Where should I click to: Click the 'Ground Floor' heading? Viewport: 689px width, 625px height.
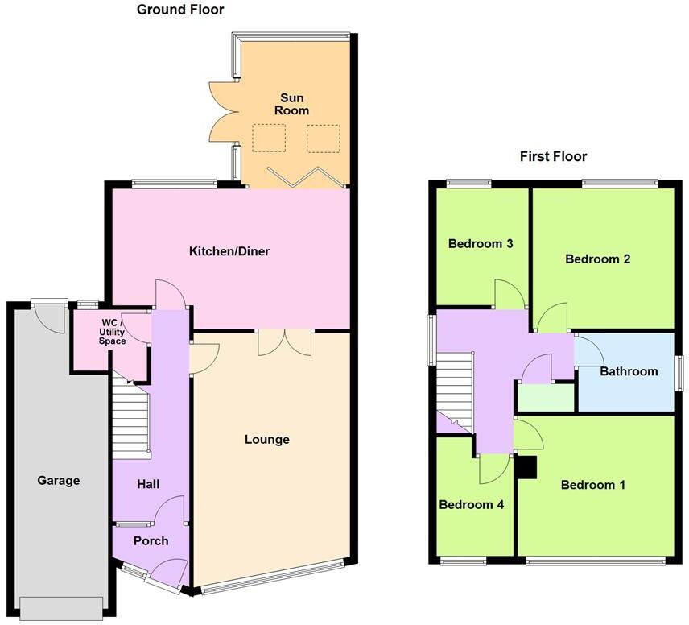[x=179, y=10]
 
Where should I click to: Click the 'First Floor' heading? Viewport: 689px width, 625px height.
[x=553, y=156]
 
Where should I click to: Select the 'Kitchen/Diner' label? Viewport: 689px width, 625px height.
[x=229, y=251]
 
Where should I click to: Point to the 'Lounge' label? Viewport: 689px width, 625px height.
[x=266, y=439]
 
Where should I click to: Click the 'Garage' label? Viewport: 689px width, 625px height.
[x=59, y=480]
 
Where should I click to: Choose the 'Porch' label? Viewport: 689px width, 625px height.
[x=151, y=540]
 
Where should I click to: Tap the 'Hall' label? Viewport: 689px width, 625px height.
[x=148, y=484]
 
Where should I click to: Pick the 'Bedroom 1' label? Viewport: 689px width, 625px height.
[x=592, y=485]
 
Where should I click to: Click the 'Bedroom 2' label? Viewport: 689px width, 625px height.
[x=597, y=259]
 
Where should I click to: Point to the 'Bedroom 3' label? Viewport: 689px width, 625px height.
[x=481, y=243]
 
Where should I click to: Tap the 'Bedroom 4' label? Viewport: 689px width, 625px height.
[x=471, y=505]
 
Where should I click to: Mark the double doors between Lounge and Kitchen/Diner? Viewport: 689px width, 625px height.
[x=284, y=342]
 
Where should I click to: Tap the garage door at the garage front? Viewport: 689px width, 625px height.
[x=62, y=608]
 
